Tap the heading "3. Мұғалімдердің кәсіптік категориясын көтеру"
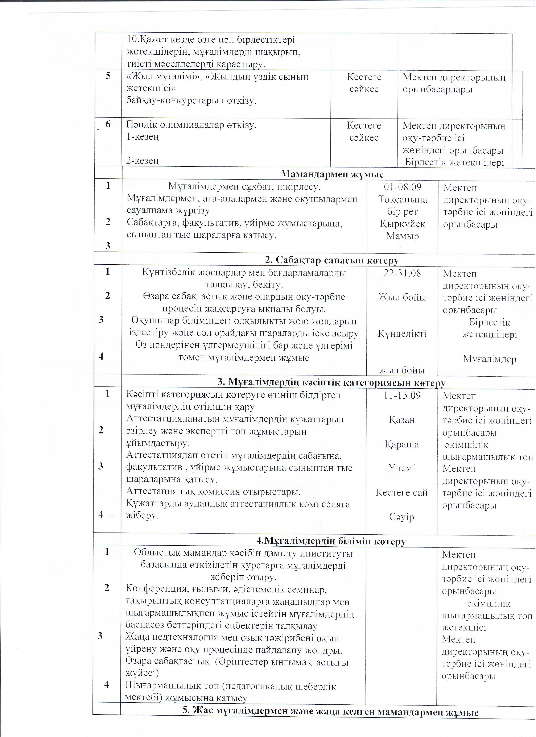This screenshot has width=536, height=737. coord(331,383)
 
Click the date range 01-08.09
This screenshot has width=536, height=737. coord(402,187)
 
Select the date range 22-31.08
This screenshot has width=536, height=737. coord(402,273)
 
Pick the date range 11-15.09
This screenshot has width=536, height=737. coord(402,396)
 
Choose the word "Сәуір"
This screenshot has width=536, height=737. coord(401,517)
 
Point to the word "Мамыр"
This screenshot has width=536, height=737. coord(402,236)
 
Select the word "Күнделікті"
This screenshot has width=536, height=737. coord(402,334)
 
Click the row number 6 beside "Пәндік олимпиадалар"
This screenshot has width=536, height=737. coord(108,124)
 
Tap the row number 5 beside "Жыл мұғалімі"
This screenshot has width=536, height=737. coord(108,76)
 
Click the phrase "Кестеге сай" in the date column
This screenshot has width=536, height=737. coord(401,493)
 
